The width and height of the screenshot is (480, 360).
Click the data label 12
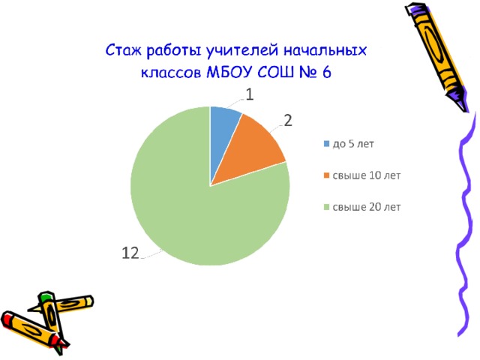click(x=130, y=253)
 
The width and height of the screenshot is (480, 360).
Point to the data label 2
click(x=288, y=121)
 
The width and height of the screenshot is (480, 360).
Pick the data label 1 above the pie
click(x=250, y=94)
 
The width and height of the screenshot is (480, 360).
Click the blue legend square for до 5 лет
click(x=327, y=143)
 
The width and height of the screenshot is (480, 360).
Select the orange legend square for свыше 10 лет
click(x=327, y=175)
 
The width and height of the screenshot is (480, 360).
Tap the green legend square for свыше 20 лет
click(x=327, y=207)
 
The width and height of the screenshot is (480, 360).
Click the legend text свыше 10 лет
click(x=367, y=175)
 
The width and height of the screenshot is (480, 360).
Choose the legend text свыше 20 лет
click(x=367, y=207)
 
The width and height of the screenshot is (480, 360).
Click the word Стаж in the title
click(x=124, y=50)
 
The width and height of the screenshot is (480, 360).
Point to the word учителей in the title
click(x=241, y=50)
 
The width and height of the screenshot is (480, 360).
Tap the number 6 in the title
click(x=327, y=73)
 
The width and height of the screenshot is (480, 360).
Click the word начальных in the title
click(x=325, y=50)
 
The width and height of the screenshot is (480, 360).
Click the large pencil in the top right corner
click(x=437, y=57)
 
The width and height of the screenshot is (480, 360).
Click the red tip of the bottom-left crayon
click(x=6, y=318)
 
